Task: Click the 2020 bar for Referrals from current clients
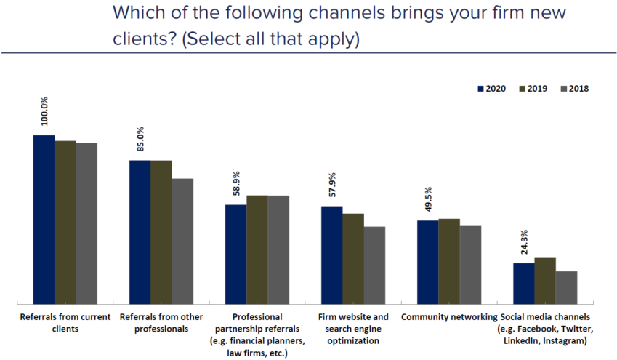click(44, 219)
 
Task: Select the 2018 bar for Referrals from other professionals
click(182, 241)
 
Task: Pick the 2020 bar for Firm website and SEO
click(332, 255)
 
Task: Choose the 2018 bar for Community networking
click(470, 264)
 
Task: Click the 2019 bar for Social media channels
click(545, 280)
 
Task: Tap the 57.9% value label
click(332, 185)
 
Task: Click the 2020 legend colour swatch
click(480, 89)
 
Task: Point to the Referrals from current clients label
click(65, 323)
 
